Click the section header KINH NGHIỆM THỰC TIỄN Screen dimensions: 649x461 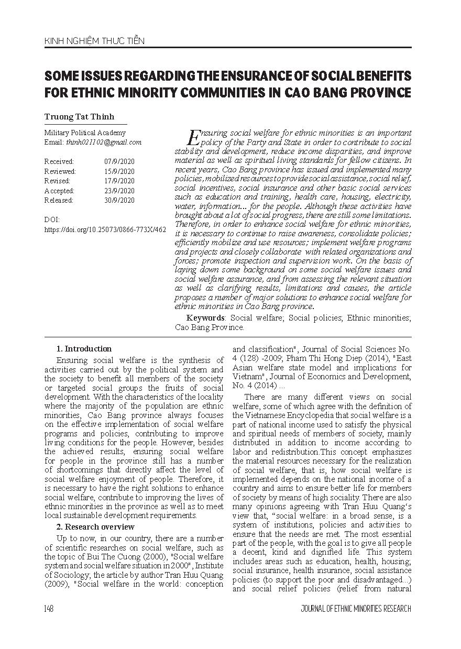94,40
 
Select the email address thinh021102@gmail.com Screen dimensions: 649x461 104,142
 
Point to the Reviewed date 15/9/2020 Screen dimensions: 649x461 119,171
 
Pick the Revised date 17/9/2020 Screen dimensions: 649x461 119,181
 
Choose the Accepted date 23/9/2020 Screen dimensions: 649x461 119,191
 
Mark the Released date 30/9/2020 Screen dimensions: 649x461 119,200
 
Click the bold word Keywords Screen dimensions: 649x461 205,318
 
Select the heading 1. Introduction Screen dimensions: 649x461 84,349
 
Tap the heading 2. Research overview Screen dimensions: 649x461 95,527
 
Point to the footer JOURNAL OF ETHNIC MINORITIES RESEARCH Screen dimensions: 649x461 356,609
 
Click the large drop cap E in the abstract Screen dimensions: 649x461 193,137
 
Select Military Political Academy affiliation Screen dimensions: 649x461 85,133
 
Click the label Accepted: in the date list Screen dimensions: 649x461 59,191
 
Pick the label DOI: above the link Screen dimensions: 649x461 52,219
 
